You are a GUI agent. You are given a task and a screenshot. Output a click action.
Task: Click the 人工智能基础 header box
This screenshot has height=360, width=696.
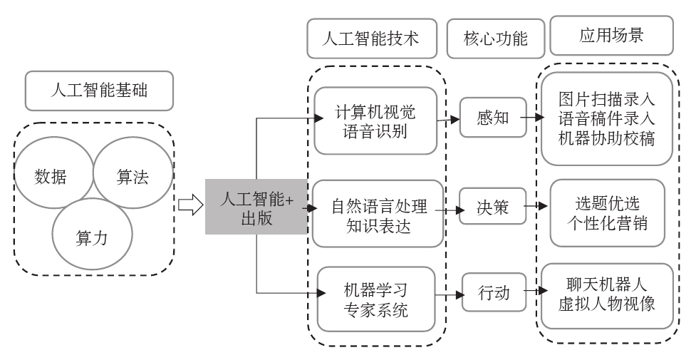click(100, 91)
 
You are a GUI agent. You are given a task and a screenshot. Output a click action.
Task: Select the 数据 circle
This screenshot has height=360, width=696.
click(50, 176)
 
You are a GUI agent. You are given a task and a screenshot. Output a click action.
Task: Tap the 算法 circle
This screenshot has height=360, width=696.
click(133, 176)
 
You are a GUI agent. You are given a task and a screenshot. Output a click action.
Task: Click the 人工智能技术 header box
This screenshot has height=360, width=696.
click(371, 38)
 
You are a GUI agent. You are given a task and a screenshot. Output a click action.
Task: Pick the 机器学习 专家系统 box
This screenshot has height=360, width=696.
click(374, 299)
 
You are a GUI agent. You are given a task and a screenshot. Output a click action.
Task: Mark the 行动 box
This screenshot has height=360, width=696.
click(494, 292)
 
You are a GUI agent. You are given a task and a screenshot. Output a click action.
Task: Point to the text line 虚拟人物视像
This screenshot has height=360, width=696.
click(608, 304)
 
